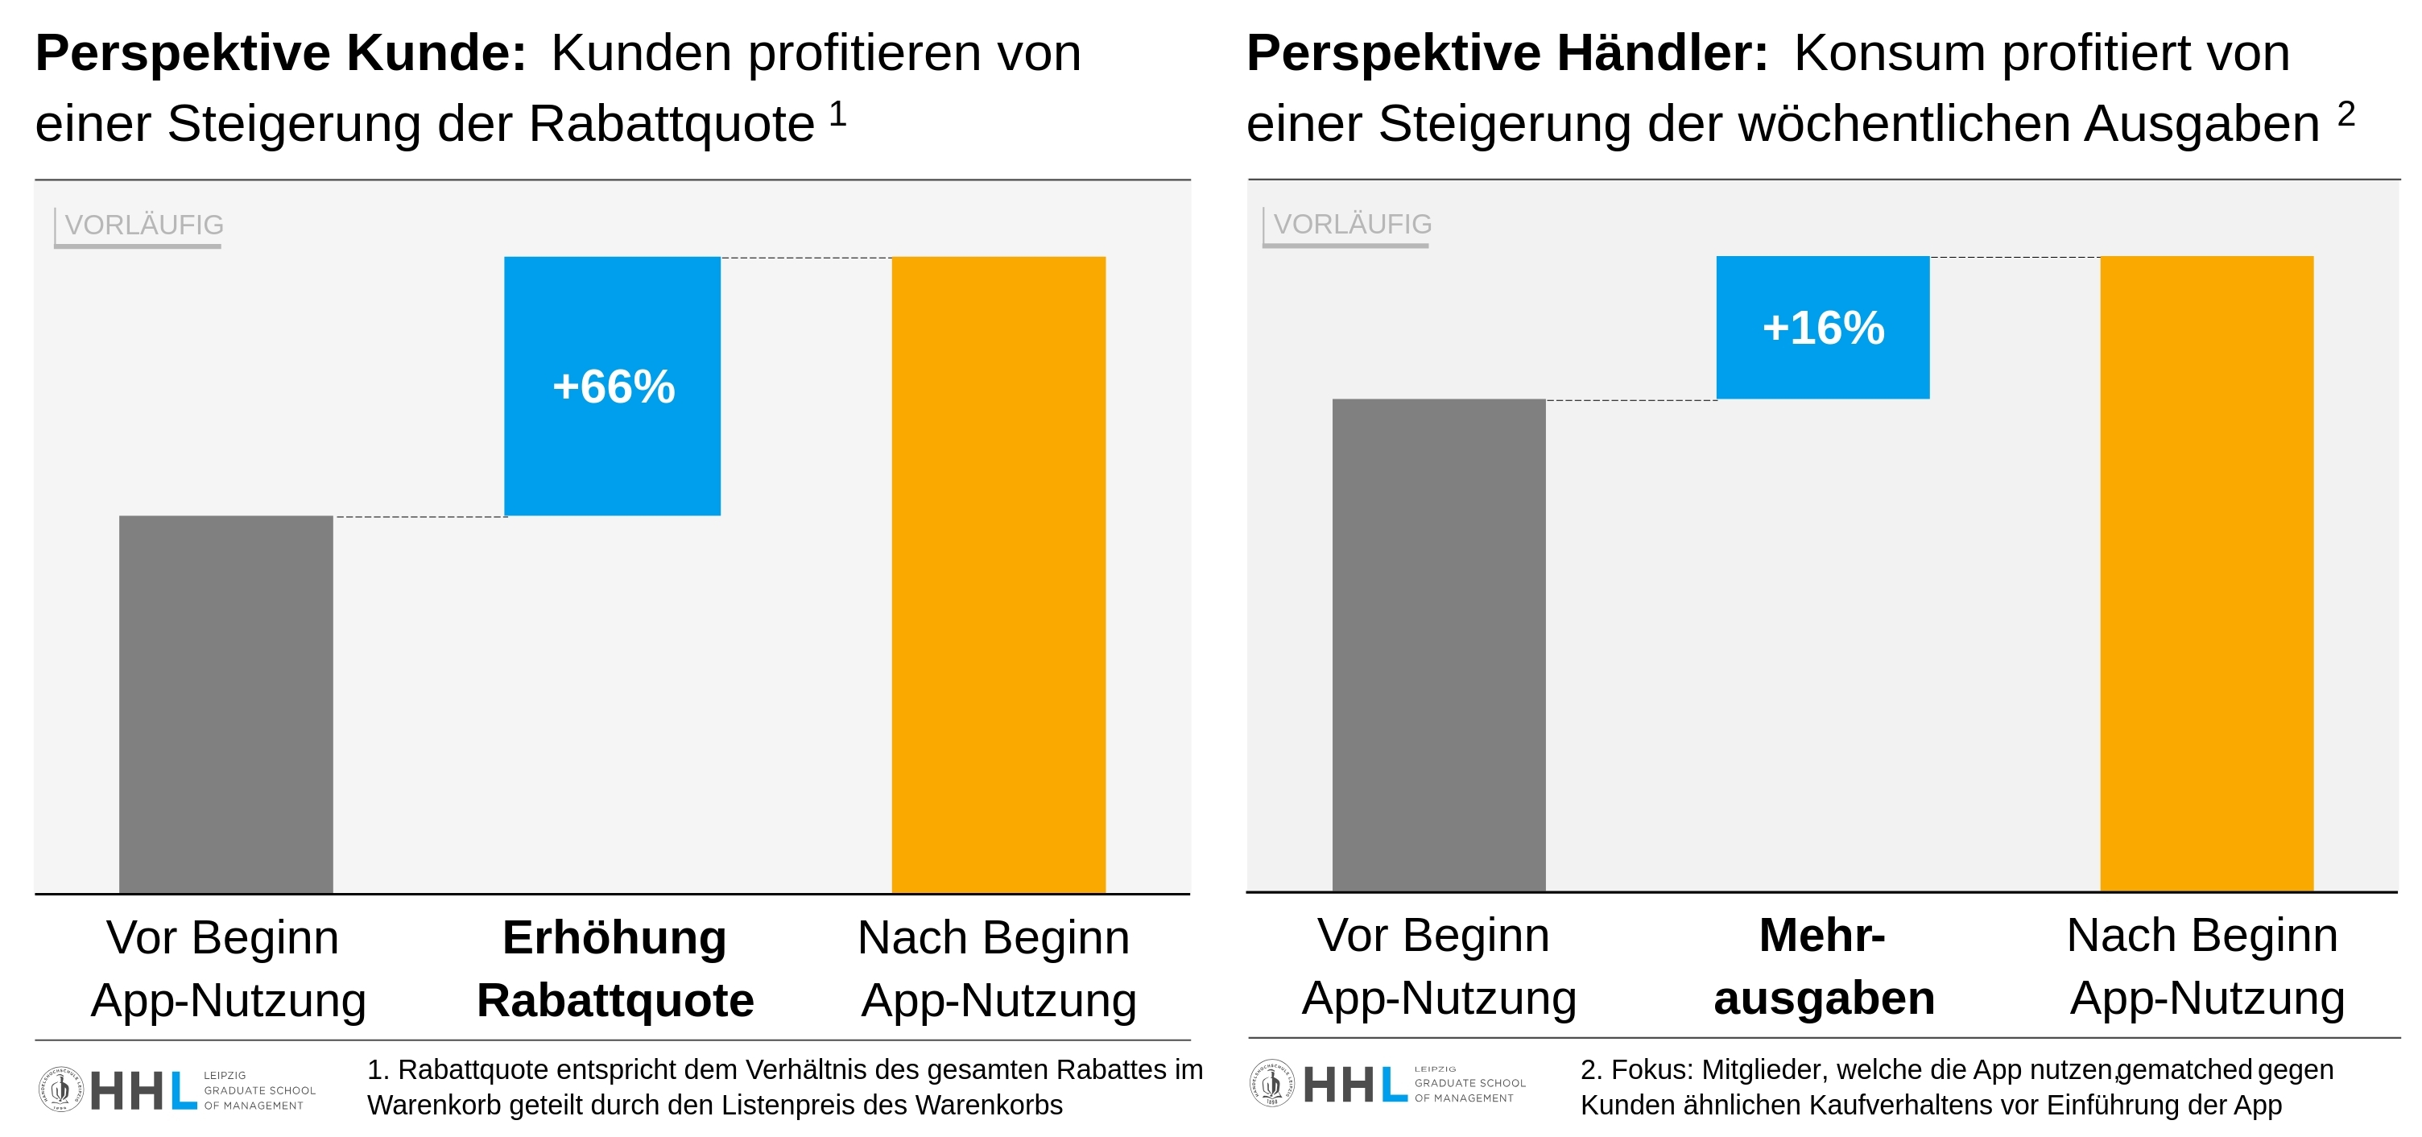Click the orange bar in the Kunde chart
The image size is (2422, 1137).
click(x=998, y=573)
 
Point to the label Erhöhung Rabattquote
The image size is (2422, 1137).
click(x=615, y=968)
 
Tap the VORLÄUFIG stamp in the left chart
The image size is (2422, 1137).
click(x=143, y=225)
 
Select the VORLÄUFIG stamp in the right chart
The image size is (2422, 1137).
click(x=1351, y=225)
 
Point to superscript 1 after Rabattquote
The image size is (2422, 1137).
click(x=837, y=114)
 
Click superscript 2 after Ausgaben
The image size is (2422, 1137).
click(x=2346, y=114)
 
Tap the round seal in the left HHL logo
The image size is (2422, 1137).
click(x=61, y=1089)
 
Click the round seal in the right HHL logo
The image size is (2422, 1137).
click(x=1272, y=1082)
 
